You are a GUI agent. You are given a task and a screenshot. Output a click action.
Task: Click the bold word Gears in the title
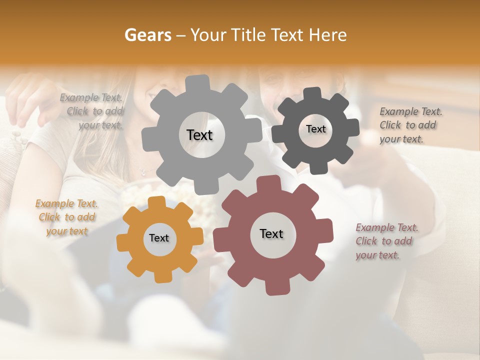pos(147,35)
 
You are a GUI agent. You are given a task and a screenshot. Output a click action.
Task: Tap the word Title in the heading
pos(251,35)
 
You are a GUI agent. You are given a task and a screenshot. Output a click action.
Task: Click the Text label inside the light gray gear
pos(200,135)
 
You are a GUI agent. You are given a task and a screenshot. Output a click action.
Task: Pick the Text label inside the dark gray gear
pos(315,129)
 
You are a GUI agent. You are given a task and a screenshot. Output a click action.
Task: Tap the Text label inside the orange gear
pos(159,238)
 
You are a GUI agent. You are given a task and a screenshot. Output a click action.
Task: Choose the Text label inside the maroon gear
pos(271,234)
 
